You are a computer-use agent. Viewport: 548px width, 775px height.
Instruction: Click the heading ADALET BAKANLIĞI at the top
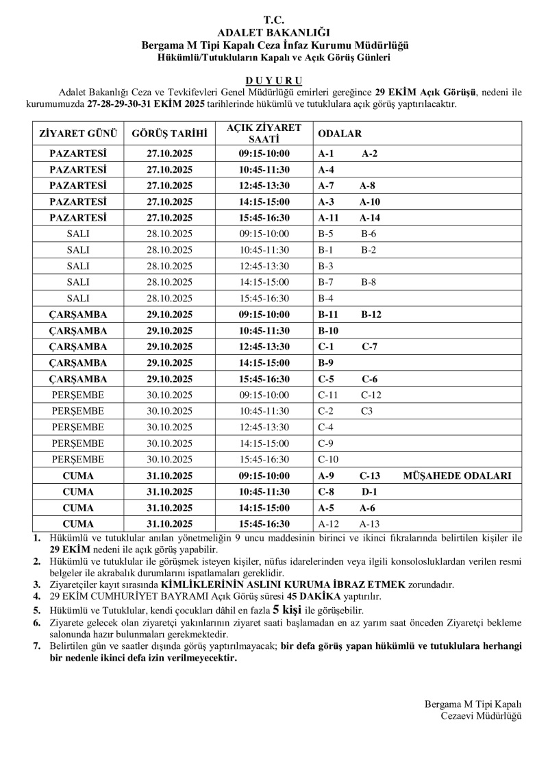click(x=273, y=32)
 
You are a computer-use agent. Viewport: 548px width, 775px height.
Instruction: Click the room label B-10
click(x=329, y=330)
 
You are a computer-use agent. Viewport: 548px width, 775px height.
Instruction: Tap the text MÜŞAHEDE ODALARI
click(x=457, y=476)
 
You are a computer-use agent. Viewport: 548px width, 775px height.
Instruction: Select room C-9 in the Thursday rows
click(x=326, y=443)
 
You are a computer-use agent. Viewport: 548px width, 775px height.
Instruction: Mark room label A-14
click(x=370, y=218)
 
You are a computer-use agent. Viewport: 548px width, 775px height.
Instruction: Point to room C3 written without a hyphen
click(x=367, y=411)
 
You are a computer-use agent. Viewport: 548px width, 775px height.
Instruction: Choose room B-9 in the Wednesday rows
click(x=326, y=362)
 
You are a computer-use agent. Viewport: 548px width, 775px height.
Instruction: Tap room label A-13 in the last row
click(x=370, y=524)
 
